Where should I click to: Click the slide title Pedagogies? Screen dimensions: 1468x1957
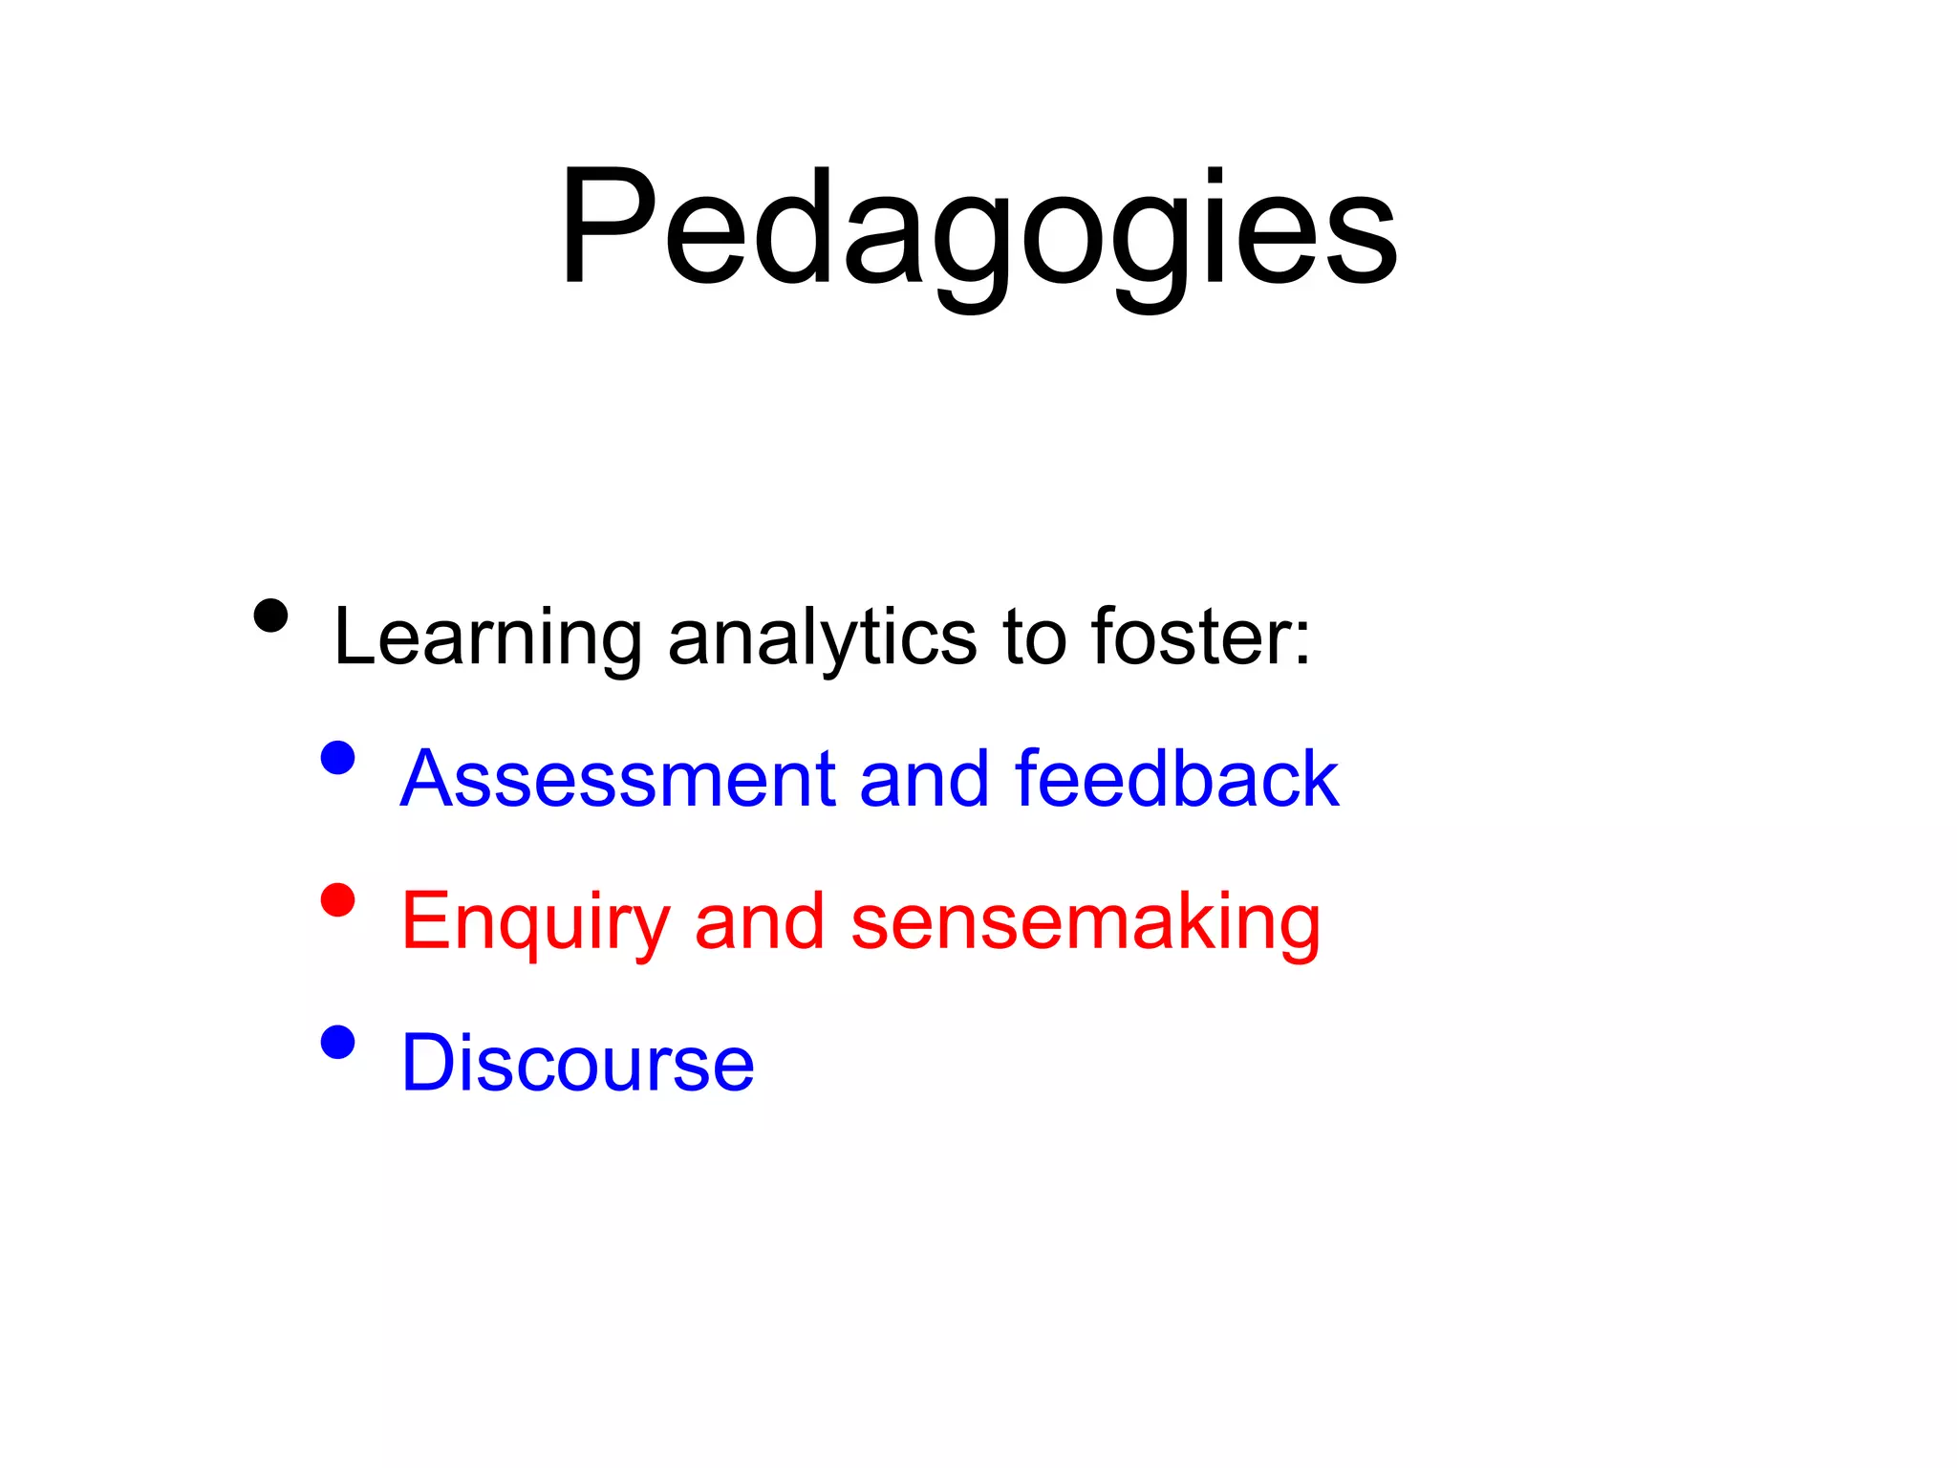(978, 229)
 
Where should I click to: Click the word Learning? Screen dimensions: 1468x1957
(487, 638)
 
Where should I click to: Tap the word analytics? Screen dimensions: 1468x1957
(822, 638)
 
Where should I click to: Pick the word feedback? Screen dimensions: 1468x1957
(1176, 779)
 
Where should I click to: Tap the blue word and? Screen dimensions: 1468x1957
(924, 779)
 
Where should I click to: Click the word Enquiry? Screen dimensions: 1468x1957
(535, 922)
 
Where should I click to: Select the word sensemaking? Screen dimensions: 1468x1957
(1085, 922)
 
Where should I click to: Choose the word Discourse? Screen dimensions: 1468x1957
(577, 1063)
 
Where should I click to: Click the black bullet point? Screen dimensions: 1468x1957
(271, 616)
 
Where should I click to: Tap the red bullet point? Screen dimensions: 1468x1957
(337, 900)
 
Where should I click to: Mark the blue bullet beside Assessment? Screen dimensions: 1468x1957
(337, 758)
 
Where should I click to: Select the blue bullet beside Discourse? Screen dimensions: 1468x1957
(337, 1042)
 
